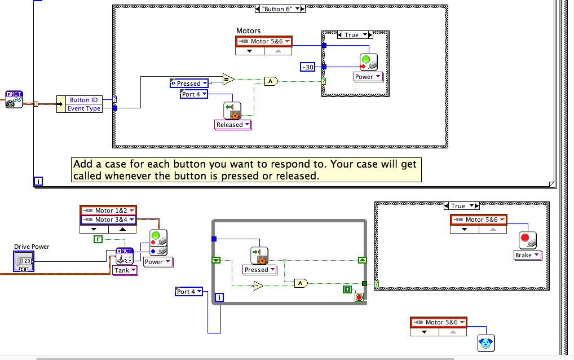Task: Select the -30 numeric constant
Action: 308,67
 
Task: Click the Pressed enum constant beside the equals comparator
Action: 189,84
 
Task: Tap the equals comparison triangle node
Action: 228,79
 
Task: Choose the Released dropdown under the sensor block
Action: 233,125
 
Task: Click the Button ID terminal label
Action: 83,100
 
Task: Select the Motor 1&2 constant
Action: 108,210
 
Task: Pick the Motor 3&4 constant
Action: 108,219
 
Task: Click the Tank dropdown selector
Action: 125,270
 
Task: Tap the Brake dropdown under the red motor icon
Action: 527,255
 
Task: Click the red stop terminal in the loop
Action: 359,297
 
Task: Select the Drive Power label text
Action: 32,247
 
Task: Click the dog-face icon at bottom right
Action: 485,342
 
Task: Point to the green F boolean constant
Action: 98,239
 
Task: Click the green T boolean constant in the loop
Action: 348,289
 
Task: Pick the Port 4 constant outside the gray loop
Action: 189,292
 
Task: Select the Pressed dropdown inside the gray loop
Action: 260,270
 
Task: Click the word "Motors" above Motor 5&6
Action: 249,30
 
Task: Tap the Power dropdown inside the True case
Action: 368,77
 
